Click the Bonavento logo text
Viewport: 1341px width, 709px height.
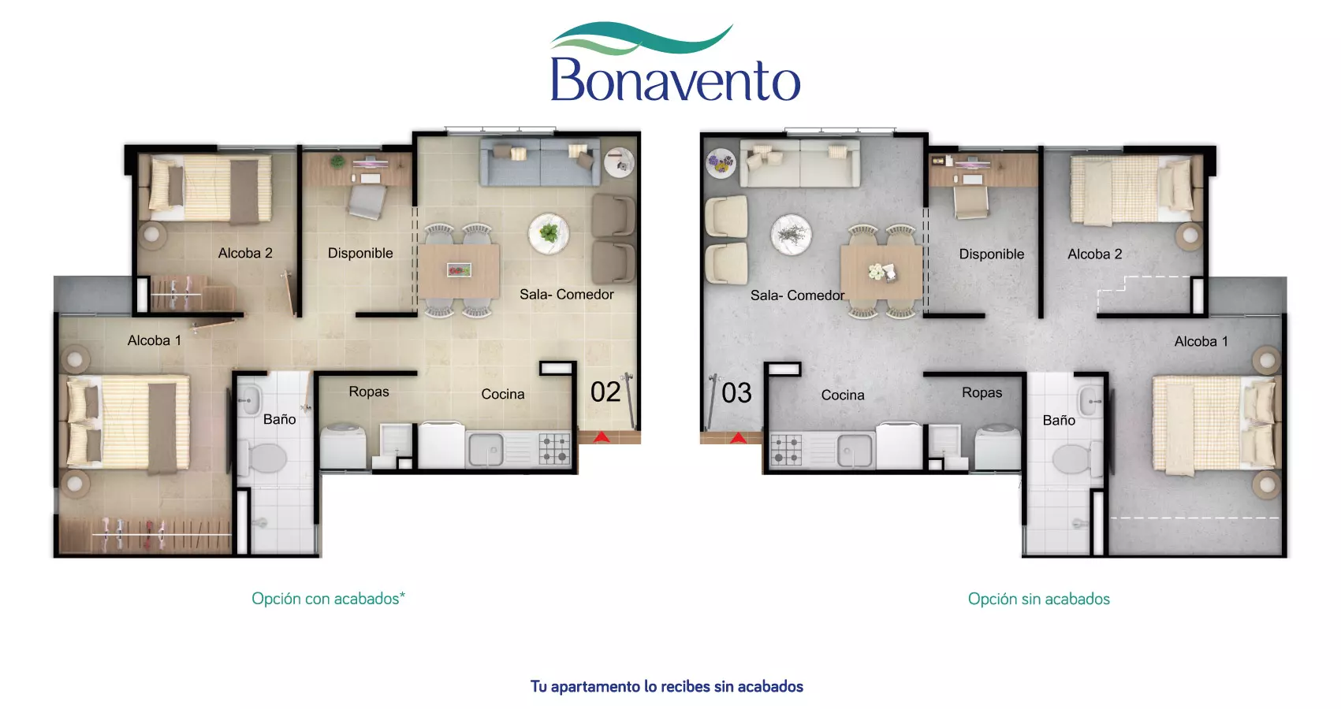pos(675,80)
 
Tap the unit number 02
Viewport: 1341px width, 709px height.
pos(605,392)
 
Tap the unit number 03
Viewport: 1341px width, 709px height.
pos(736,393)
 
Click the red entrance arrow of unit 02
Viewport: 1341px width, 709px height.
pos(601,436)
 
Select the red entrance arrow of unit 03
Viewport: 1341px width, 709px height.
pos(738,437)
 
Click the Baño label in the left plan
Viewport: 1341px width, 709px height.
pos(279,419)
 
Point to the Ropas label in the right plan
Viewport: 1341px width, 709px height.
pos(982,392)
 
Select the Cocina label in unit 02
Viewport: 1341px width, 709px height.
pos(502,394)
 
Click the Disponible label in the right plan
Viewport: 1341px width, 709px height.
pos(991,254)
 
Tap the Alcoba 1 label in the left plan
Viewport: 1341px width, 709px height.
pos(155,340)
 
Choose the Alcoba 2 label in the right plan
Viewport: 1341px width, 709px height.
pos(1094,254)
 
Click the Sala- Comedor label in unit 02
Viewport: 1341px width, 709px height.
pos(566,294)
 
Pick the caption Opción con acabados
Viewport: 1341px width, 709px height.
pos(328,599)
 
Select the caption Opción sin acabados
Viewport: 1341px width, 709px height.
pos(1038,599)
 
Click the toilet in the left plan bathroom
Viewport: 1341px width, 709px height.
pos(266,457)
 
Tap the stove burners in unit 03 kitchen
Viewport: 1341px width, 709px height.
pos(786,450)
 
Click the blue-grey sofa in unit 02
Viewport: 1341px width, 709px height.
pos(539,163)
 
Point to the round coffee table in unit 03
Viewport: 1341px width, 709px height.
pos(791,235)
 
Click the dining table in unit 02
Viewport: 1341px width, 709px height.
pos(459,270)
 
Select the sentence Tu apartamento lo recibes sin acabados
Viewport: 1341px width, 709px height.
pos(666,686)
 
